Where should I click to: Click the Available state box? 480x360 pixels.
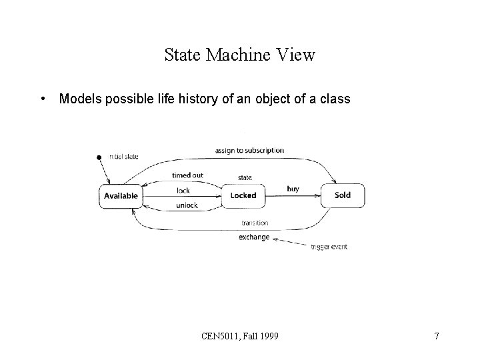[x=121, y=195]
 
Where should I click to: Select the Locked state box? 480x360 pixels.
[x=243, y=195]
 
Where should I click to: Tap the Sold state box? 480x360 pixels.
[x=342, y=195]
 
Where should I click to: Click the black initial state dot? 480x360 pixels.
[x=99, y=157]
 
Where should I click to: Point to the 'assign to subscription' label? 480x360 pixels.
[x=249, y=151]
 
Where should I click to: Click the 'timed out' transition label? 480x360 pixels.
[x=187, y=175]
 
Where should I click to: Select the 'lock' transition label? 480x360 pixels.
[x=183, y=191]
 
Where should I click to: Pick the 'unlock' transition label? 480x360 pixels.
[x=187, y=205]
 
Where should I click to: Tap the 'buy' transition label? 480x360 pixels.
[x=293, y=189]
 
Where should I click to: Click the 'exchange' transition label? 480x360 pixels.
[x=254, y=237]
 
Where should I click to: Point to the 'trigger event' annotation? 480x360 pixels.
[x=329, y=247]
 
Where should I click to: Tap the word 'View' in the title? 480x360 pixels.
[x=297, y=55]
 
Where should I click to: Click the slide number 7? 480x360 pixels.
[x=436, y=336]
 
